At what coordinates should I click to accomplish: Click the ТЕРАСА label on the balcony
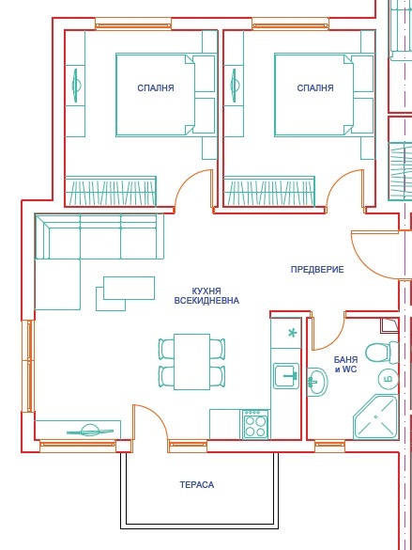click(197, 485)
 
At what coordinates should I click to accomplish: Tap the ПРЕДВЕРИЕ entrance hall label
click(317, 270)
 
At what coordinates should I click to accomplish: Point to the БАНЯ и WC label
click(346, 364)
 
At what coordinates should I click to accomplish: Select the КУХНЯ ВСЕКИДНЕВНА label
click(206, 296)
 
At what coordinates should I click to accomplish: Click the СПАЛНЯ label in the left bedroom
click(156, 87)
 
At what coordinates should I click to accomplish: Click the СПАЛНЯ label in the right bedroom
click(315, 87)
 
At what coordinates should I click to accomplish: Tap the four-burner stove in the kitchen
click(255, 424)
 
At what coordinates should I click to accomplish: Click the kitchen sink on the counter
click(286, 376)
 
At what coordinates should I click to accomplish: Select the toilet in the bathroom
click(382, 353)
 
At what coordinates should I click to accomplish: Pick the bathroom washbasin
click(317, 382)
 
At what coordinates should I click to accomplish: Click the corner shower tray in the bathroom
click(375, 417)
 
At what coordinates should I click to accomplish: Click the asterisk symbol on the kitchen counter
click(292, 333)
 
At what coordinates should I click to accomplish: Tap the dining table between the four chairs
click(191, 362)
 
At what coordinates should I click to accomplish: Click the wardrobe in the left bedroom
click(111, 191)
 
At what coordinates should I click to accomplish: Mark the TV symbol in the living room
click(90, 431)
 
